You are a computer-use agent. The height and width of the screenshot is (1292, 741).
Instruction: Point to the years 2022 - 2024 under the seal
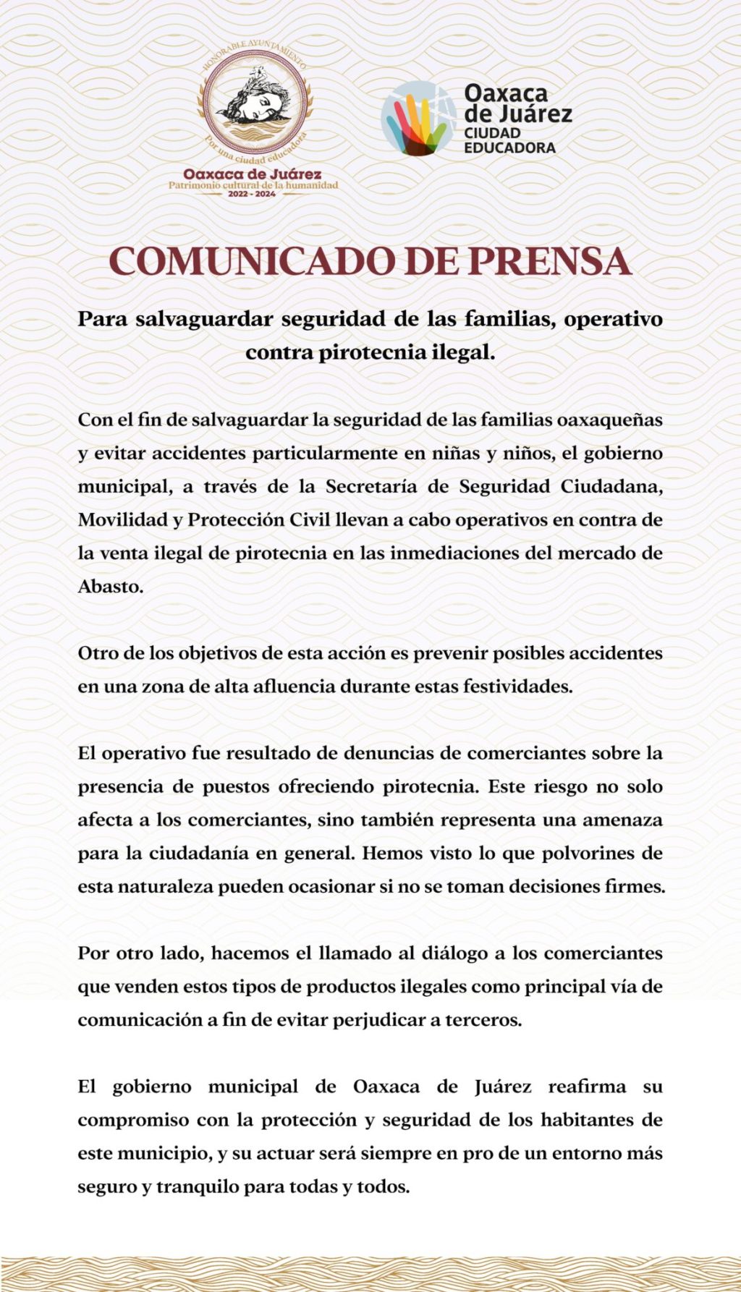pos(252,195)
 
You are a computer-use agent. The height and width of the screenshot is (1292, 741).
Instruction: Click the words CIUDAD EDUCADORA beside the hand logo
pos(509,140)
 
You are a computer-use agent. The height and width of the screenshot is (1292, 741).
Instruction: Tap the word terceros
pos(485,1020)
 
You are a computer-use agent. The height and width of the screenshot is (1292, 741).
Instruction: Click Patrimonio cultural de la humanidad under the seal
pos(253,185)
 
